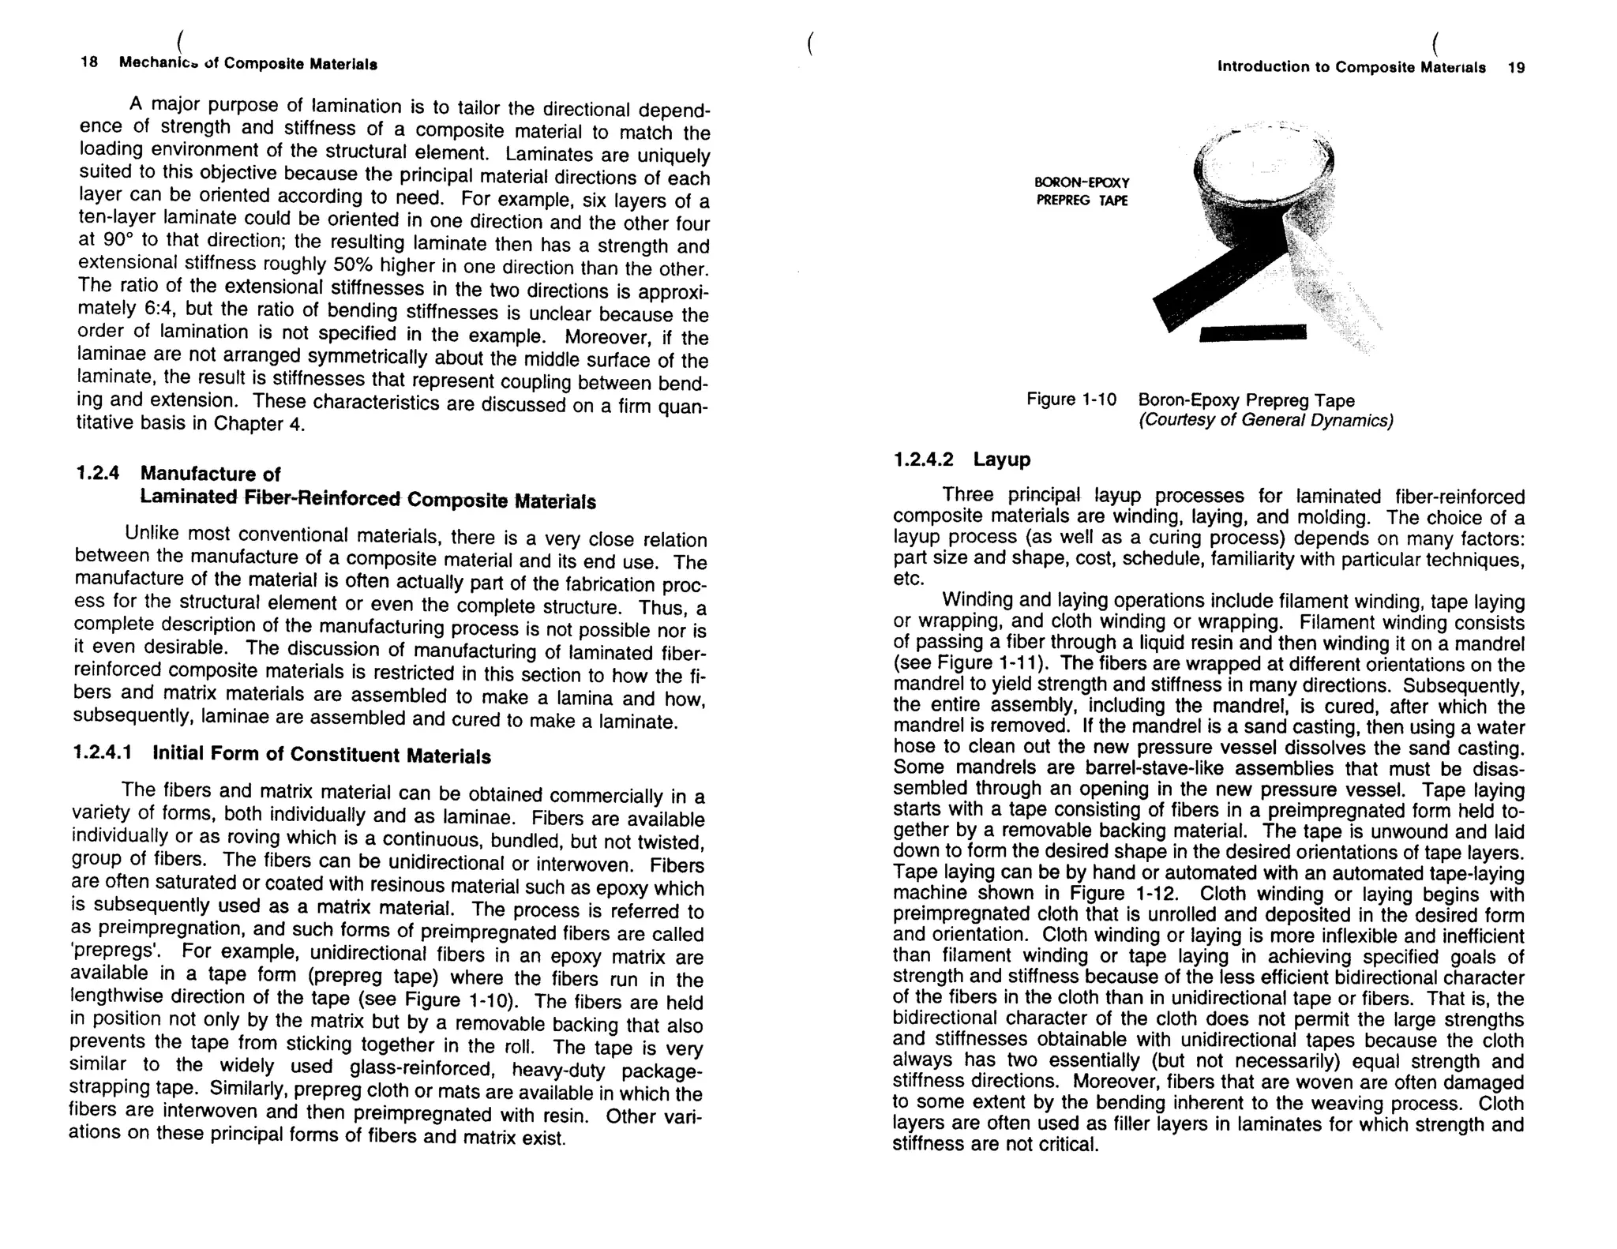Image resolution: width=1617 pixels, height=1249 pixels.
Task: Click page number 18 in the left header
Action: point(89,62)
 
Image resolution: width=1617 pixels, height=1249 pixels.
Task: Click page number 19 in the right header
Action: point(1516,68)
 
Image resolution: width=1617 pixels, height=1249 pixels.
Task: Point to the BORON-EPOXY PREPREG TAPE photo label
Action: point(1082,192)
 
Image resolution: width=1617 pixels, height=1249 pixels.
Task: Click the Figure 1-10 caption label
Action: point(1071,399)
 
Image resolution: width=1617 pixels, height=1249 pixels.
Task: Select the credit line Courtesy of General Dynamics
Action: point(1265,421)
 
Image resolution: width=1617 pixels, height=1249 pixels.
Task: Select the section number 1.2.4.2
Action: point(923,459)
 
